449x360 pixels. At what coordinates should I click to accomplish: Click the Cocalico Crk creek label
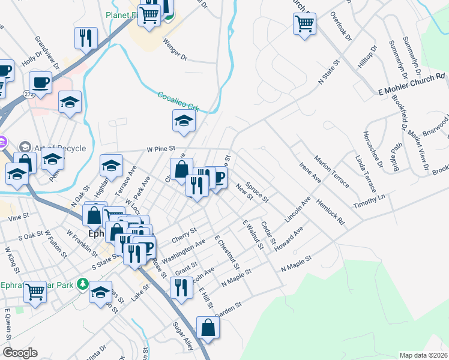(x=178, y=100)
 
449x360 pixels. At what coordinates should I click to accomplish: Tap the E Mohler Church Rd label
(x=412, y=82)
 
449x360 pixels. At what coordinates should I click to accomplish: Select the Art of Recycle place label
(x=60, y=148)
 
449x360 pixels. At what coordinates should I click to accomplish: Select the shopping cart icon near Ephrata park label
(x=36, y=292)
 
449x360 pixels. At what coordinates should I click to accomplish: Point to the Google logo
(x=20, y=353)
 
